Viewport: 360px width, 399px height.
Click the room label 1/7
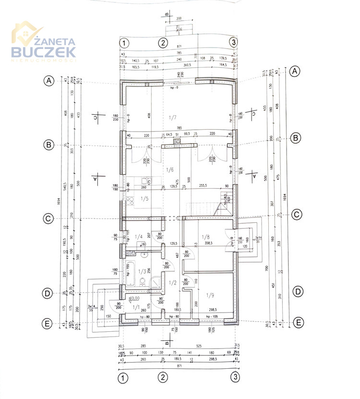coord(173,118)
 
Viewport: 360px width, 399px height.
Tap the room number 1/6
coord(169,169)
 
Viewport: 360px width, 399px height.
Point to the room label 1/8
coord(206,237)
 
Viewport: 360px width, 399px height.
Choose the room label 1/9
coord(210,295)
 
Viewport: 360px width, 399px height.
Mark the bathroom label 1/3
coord(142,271)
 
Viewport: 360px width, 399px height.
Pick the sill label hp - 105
coord(212,317)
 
